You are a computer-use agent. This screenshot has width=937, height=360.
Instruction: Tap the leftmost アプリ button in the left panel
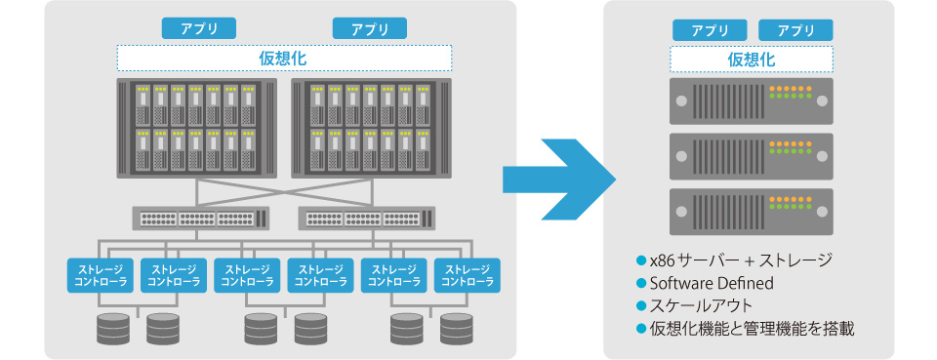[x=198, y=28]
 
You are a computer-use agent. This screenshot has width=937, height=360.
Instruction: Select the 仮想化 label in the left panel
[x=284, y=58]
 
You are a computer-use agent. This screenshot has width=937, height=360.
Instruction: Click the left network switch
[x=200, y=218]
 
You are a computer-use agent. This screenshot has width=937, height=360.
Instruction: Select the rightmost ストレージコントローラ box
[x=467, y=276]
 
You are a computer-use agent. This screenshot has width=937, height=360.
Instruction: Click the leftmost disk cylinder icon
[x=115, y=330]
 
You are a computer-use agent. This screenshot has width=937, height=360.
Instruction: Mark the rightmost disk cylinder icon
[x=456, y=330]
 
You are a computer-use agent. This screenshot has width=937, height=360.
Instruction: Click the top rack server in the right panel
[x=751, y=100]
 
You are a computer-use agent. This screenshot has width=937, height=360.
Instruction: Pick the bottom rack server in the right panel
[x=751, y=211]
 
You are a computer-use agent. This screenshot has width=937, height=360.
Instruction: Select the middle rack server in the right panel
[x=751, y=155]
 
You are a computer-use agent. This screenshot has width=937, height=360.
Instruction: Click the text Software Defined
[x=711, y=283]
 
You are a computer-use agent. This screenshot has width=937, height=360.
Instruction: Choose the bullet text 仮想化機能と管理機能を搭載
[x=751, y=329]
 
